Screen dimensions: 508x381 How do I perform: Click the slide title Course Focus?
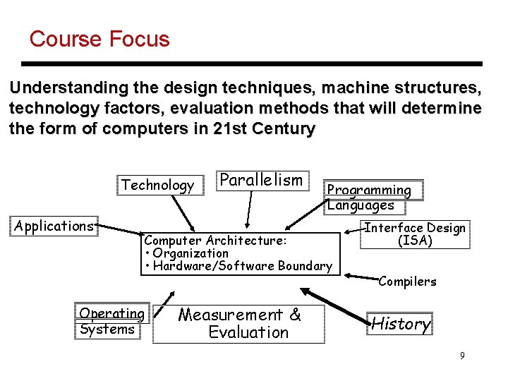tap(99, 39)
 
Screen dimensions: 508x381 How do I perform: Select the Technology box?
tap(157, 186)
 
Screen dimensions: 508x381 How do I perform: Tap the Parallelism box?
tap(260, 180)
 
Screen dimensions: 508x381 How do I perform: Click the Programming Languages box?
tap(374, 197)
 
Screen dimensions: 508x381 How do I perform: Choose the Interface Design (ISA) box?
tap(414, 234)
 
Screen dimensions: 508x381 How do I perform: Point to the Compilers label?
tap(407, 282)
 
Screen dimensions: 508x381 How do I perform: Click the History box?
tap(400, 324)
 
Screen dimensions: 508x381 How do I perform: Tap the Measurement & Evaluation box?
tap(239, 324)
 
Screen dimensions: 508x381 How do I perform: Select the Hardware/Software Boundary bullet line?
tap(238, 266)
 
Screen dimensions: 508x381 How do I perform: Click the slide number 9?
tap(462, 356)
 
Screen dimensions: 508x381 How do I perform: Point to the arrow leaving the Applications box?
tap(120, 231)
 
